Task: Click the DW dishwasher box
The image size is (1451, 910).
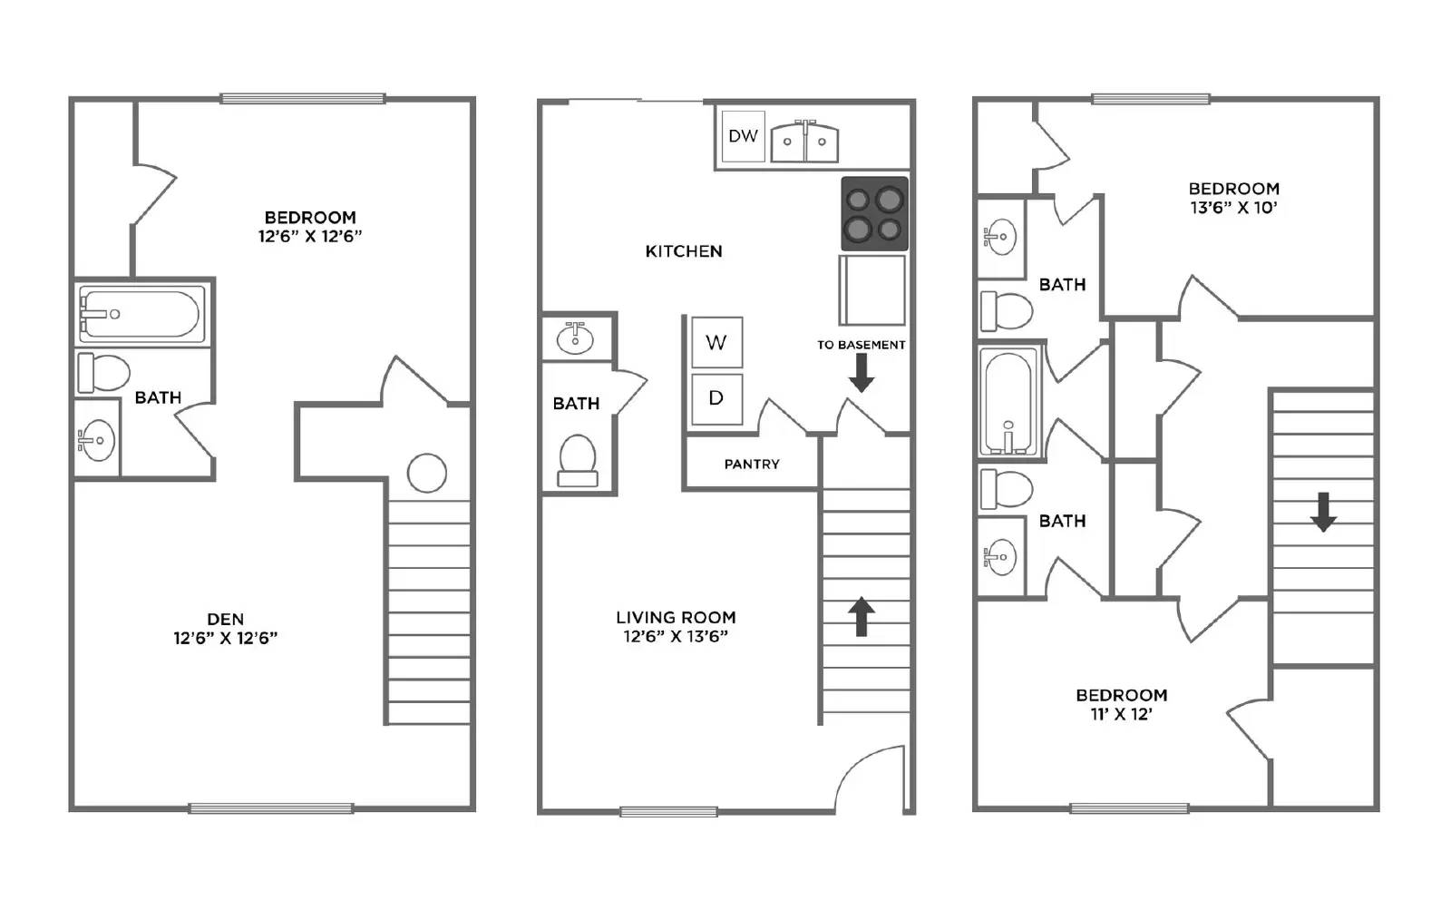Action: pos(743,136)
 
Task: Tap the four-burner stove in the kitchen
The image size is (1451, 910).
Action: pos(874,214)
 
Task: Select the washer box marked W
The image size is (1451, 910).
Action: pos(716,342)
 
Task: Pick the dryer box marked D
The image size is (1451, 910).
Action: pos(716,398)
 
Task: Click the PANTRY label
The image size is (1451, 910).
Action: pos(751,464)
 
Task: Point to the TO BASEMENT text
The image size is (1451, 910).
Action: pos(861,345)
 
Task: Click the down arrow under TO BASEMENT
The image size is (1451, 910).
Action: pos(861,373)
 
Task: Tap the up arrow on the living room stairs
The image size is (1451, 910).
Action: pos(861,616)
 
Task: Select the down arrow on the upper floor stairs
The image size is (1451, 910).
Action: pos(1323,512)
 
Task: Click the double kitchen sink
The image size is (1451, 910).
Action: pos(804,142)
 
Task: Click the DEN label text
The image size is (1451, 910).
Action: pos(225,620)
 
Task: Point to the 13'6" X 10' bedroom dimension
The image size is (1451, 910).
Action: pos(1233,208)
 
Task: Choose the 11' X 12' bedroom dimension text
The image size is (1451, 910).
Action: pos(1121,714)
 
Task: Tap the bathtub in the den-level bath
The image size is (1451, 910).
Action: pos(141,314)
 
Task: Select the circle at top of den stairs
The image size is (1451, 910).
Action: pos(426,473)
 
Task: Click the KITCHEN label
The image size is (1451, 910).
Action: pos(684,251)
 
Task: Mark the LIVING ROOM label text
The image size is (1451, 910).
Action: pos(676,617)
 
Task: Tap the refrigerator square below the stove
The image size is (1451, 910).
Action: pos(872,290)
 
